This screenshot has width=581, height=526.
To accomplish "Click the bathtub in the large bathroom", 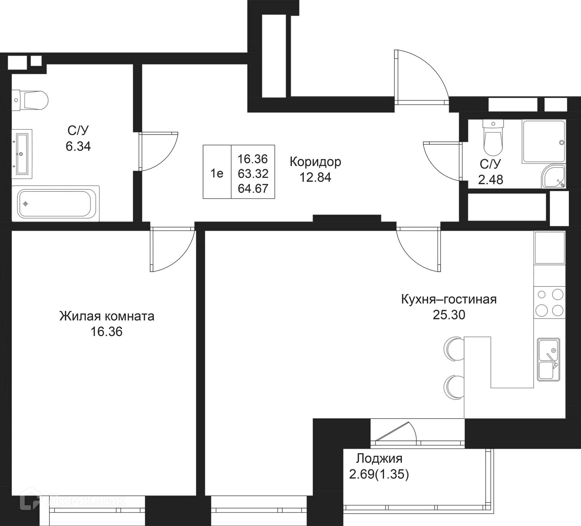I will pyautogui.click(x=55, y=203).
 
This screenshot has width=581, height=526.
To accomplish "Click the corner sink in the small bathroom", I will pyautogui.click(x=553, y=176).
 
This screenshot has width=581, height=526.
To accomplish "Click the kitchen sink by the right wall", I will pyautogui.click(x=549, y=359).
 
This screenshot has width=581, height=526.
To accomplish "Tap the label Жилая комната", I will pyautogui.click(x=107, y=317).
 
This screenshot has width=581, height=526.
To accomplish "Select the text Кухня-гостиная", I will pyautogui.click(x=448, y=299).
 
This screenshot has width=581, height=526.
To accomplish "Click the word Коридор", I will pyautogui.click(x=316, y=162).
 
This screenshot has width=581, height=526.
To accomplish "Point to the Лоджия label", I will pyautogui.click(x=379, y=459).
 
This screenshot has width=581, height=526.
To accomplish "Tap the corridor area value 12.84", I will pyautogui.click(x=316, y=178).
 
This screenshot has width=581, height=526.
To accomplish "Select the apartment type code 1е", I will pyautogui.click(x=217, y=174).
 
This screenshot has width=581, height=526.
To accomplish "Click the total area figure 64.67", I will pyautogui.click(x=253, y=189).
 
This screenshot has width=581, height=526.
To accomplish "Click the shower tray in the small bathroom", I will pyautogui.click(x=543, y=142).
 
